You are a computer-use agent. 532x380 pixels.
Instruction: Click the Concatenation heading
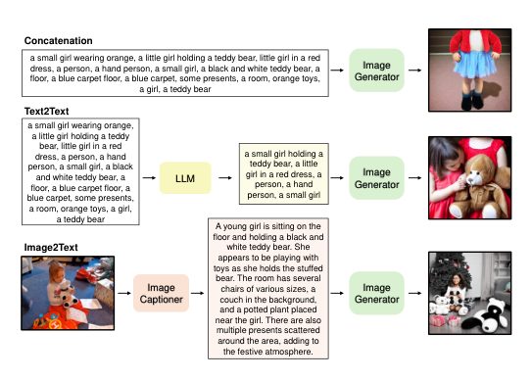tap(59, 41)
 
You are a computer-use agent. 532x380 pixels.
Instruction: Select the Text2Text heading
tap(46, 111)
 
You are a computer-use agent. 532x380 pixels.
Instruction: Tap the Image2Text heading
tap(51, 248)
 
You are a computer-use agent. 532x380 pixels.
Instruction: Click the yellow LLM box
tap(185, 178)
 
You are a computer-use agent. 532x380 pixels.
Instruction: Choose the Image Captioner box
tap(161, 293)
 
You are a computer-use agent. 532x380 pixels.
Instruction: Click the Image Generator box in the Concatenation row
tap(376, 71)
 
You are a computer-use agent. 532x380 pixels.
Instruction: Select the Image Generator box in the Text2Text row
tap(376, 178)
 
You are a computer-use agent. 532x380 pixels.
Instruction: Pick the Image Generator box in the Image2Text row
tap(376, 293)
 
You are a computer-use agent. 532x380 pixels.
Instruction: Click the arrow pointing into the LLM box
tap(149, 178)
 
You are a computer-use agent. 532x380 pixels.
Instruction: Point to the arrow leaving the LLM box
tap(225, 178)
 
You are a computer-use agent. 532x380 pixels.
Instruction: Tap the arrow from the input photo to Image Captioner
tap(124, 293)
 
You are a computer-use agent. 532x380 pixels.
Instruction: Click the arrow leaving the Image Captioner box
tap(198, 293)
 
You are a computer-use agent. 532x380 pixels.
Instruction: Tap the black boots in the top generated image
tap(472, 100)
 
